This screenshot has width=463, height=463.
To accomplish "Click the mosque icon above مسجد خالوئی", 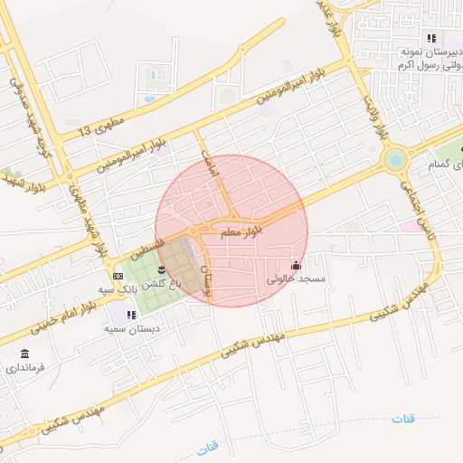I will click(x=296, y=265).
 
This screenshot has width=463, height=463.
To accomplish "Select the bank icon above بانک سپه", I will click(x=118, y=275).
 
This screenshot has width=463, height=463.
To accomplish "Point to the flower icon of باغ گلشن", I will click(x=162, y=269).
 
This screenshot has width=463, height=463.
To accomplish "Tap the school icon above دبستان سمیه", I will click(x=131, y=315).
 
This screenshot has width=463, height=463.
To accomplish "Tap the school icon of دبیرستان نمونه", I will click(x=430, y=38).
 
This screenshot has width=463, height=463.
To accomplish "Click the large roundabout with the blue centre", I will click(x=395, y=160).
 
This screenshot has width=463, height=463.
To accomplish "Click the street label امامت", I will click(x=211, y=159).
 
